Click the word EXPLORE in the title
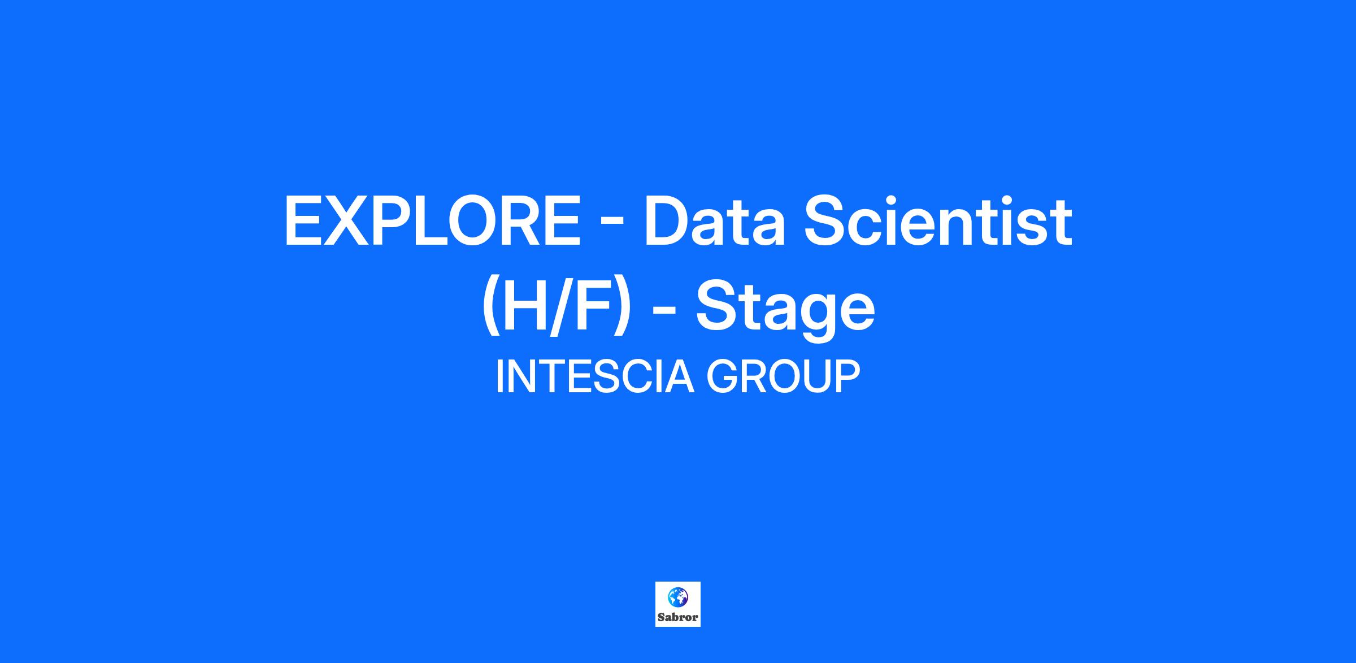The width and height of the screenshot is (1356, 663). [x=433, y=221]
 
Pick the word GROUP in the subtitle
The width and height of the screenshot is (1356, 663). [x=783, y=376]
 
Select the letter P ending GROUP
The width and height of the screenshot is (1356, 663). [x=848, y=376]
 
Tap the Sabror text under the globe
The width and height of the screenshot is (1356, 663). [x=678, y=617]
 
